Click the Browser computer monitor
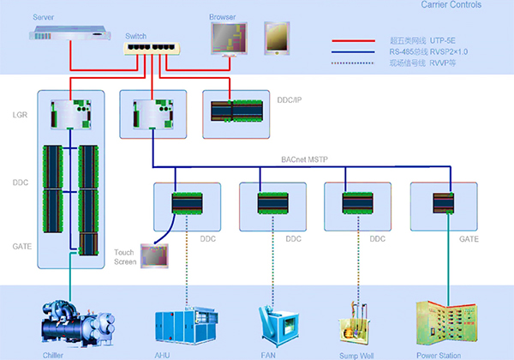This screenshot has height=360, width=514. pyautogui.click(x=230, y=39)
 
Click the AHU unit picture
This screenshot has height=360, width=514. pyautogui.click(x=182, y=323)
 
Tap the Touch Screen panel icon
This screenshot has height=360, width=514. pyautogui.click(x=154, y=255)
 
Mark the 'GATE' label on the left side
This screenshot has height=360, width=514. pyautogui.click(x=21, y=245)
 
